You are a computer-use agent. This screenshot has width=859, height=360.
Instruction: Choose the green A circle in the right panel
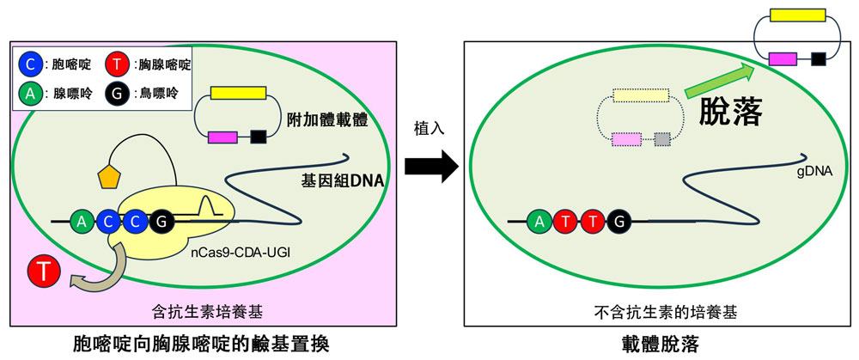(x=540, y=223)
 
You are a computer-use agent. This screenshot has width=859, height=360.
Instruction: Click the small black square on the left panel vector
(x=258, y=136)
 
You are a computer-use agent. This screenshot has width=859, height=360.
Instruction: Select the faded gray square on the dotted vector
(x=661, y=138)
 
